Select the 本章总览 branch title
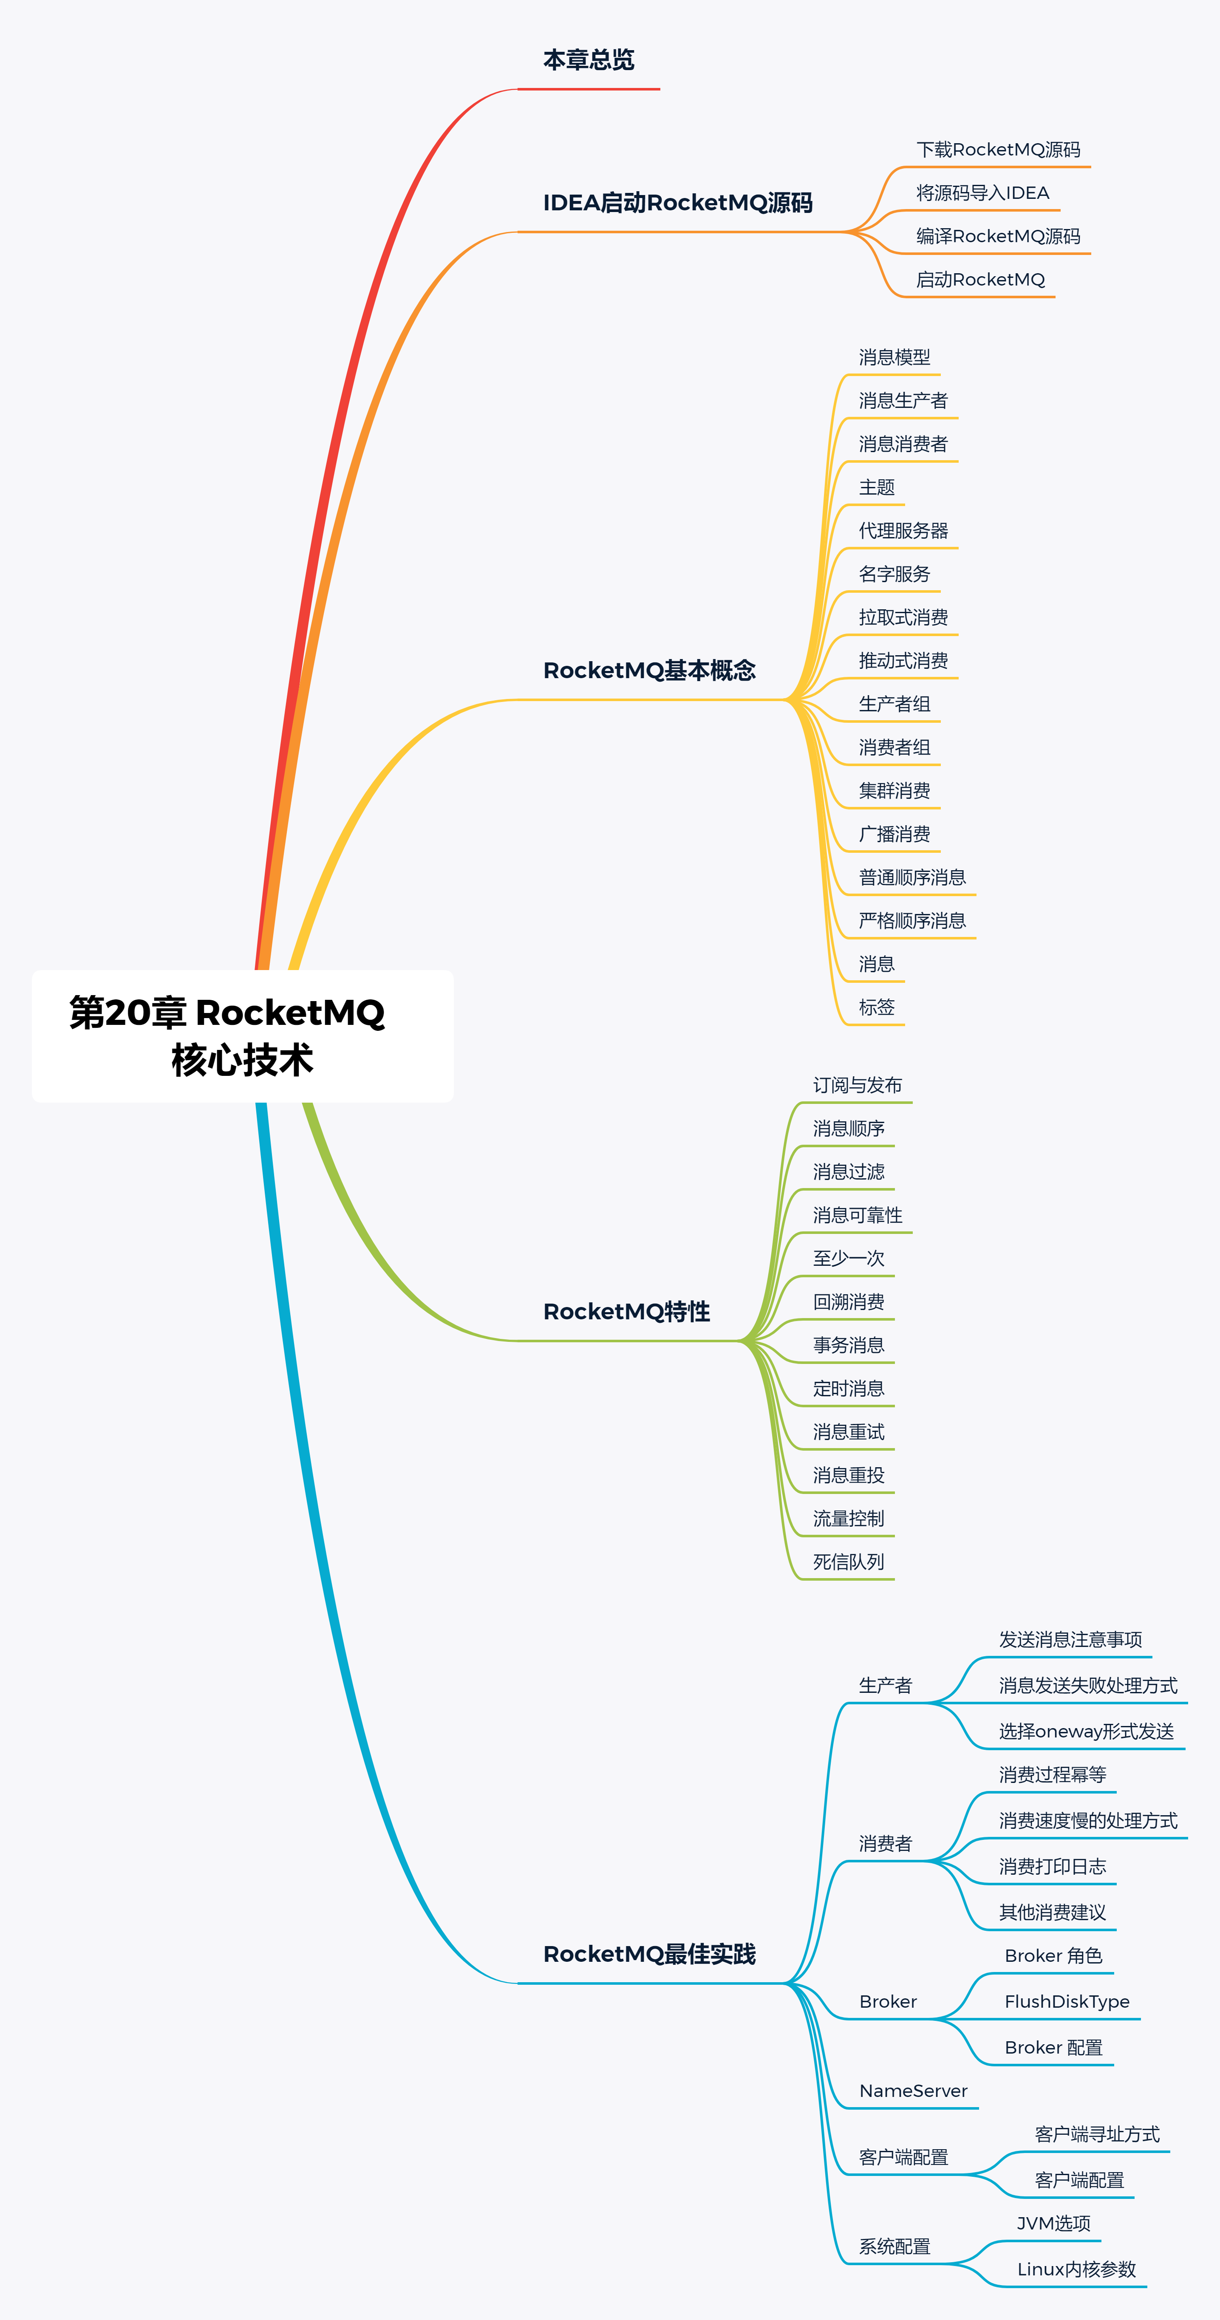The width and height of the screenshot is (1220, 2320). click(589, 60)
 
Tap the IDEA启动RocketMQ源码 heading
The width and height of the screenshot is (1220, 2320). click(677, 203)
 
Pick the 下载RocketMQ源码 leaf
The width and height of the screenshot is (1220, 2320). click(998, 150)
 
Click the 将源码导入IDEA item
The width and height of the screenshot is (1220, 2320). click(982, 193)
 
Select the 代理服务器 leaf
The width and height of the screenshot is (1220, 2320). click(903, 530)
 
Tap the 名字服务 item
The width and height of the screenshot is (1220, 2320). click(894, 574)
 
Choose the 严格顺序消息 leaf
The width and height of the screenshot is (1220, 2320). click(912, 920)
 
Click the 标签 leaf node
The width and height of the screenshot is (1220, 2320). click(876, 1007)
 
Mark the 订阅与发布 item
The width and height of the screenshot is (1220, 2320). click(857, 1085)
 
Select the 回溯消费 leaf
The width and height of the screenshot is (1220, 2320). click(848, 1301)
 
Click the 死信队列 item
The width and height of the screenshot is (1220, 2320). click(848, 1562)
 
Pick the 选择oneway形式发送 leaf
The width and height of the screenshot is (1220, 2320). click(1086, 1731)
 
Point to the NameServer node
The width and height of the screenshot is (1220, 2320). click(913, 2091)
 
